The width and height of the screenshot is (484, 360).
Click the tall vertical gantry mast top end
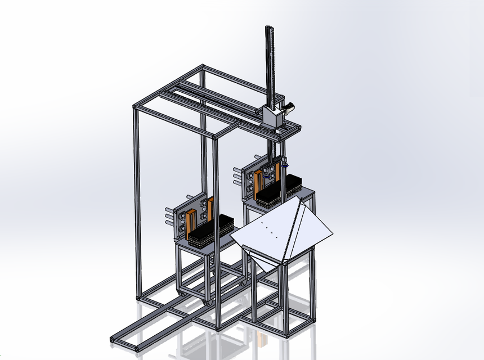coord(268,28)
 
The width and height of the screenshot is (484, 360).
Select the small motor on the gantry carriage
coord(289,107)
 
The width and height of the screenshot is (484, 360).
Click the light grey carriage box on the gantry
coord(272,118)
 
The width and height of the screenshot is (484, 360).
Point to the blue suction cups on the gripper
coord(286,165)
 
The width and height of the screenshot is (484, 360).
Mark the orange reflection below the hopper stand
coord(261,339)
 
